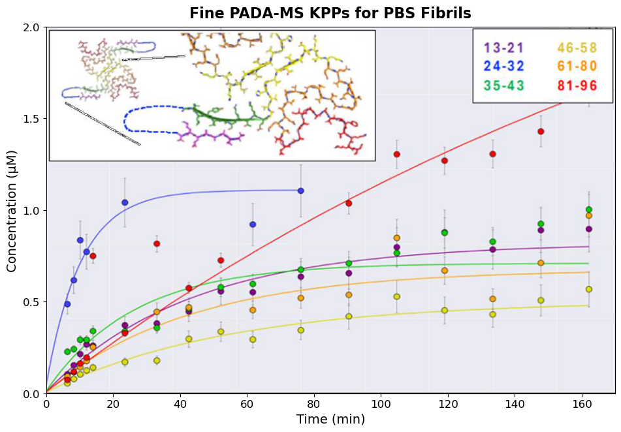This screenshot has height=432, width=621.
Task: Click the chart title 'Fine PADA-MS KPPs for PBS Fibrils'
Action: point(330,13)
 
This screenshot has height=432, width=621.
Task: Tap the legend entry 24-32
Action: point(503,67)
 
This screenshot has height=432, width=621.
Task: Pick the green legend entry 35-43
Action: point(503,85)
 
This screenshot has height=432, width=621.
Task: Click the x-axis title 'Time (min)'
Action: point(330,420)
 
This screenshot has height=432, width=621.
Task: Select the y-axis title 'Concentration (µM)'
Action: point(12,209)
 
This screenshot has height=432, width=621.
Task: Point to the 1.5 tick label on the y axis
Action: point(30,119)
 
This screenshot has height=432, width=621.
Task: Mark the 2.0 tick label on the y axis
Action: point(30,27)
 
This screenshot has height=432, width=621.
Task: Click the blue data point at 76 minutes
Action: point(301,191)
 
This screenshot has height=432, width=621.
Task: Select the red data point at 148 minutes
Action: point(541,131)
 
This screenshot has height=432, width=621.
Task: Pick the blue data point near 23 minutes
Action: point(125,202)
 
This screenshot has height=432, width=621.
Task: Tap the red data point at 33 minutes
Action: point(157,243)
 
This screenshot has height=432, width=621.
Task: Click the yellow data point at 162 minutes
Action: point(589,289)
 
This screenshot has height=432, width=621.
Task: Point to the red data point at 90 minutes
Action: point(349,203)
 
